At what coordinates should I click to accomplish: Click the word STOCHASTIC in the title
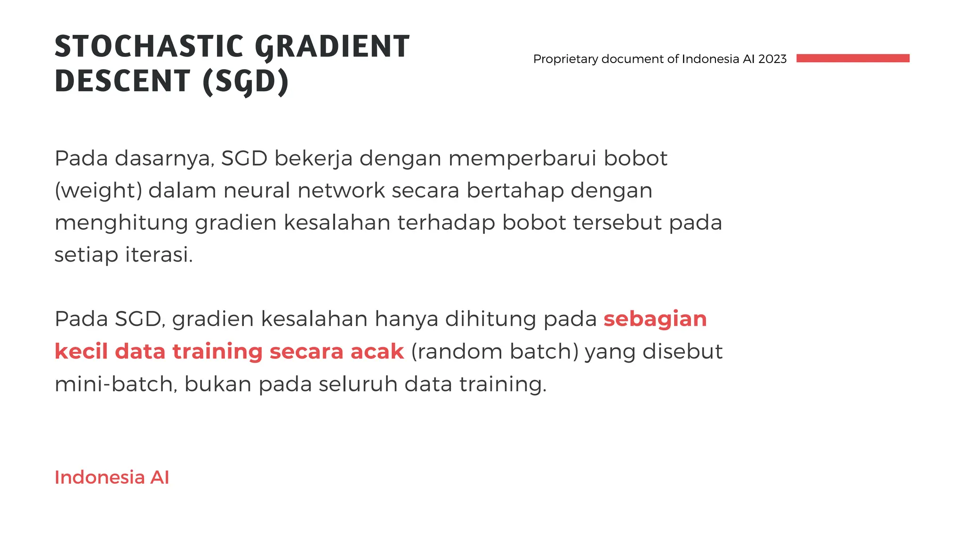149,47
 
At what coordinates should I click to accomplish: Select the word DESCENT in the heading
122,81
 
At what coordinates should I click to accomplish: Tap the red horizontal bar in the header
852,58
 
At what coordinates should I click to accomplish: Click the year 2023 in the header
772,59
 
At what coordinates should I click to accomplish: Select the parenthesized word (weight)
98,191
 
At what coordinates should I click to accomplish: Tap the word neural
257,191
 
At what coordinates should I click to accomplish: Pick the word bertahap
515,191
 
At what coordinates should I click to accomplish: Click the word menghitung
121,223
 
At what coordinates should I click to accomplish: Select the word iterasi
159,255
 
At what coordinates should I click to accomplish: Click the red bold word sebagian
655,319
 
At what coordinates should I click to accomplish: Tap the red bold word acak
377,351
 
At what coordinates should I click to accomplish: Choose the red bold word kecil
81,351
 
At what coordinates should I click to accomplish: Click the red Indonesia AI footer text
112,477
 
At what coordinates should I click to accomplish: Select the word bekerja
313,159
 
